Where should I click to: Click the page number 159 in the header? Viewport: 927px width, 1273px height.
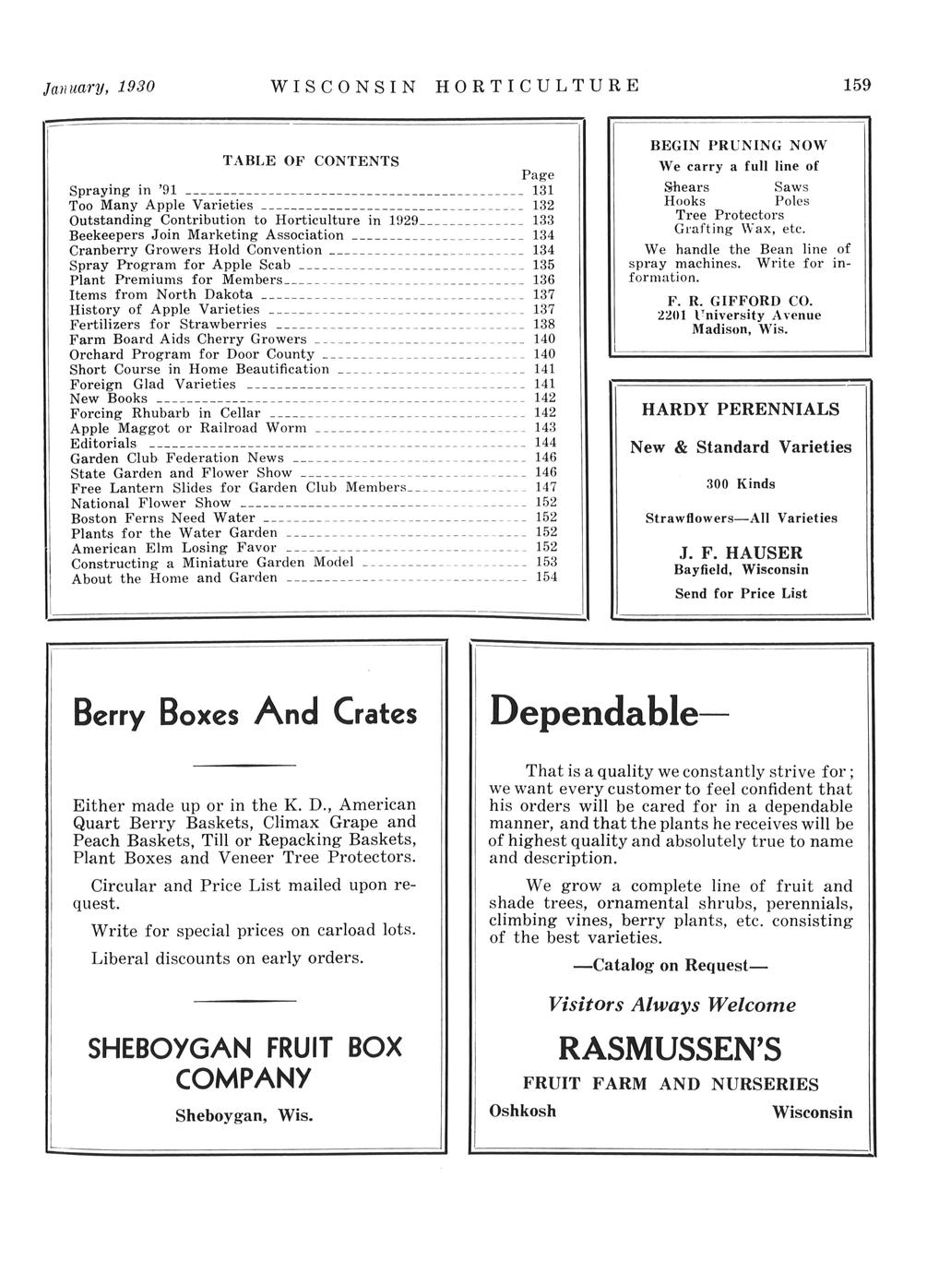click(857, 85)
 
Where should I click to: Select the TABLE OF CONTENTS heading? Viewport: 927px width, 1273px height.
click(311, 161)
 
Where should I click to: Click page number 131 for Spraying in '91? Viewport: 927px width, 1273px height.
click(543, 190)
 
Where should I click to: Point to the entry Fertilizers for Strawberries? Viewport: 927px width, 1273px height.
click(169, 325)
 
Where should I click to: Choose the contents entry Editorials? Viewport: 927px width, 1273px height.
click(103, 444)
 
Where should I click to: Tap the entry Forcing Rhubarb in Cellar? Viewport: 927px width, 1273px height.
click(166, 413)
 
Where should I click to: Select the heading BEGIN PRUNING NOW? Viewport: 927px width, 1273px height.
click(739, 145)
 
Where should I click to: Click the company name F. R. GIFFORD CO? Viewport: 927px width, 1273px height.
click(739, 301)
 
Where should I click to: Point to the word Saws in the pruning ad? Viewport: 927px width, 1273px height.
click(790, 186)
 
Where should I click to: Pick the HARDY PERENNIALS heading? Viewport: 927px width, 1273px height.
click(741, 409)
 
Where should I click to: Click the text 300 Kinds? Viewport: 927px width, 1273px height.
click(741, 483)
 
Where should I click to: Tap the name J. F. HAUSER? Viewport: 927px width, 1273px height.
click(741, 553)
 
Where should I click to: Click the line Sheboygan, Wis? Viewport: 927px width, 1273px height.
click(244, 1115)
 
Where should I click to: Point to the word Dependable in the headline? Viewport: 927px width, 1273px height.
click(596, 711)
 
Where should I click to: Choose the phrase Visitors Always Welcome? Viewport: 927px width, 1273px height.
click(671, 1005)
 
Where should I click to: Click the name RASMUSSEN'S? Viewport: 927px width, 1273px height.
click(671, 1049)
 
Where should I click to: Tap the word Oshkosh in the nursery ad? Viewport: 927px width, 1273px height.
click(523, 1111)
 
